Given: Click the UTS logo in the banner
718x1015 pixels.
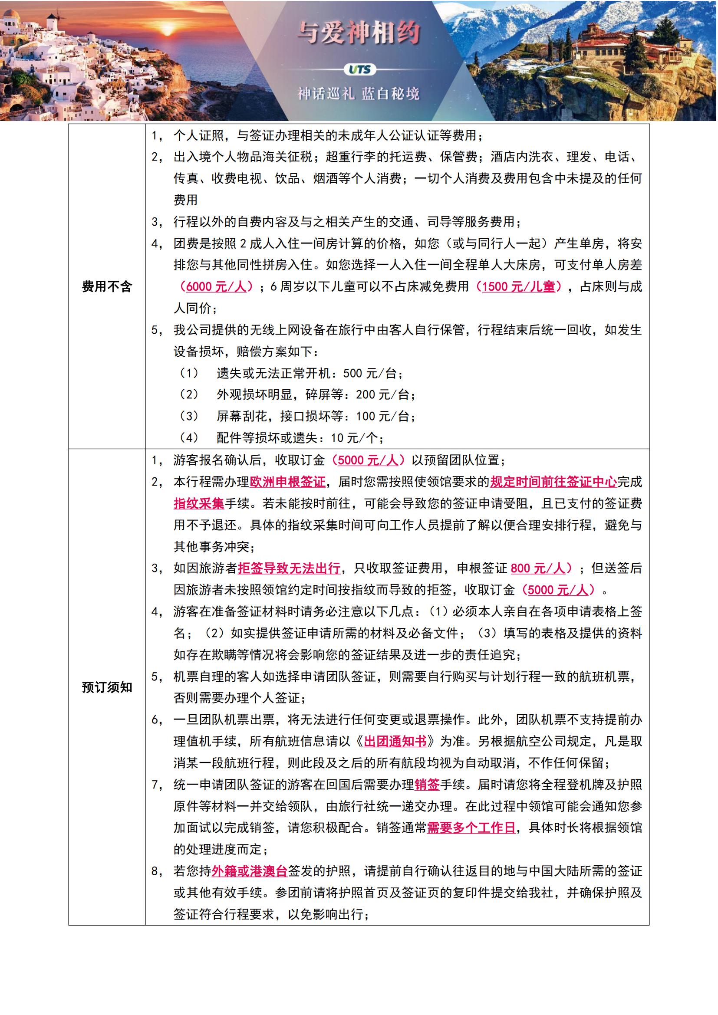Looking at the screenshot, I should [x=359, y=70].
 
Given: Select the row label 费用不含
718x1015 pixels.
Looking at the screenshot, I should [x=106, y=286].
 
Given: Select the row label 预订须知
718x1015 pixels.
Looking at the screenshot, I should [x=106, y=687].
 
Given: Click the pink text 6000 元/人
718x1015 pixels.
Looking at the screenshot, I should [x=216, y=286].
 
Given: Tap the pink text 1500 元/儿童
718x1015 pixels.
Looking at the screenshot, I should [x=518, y=286].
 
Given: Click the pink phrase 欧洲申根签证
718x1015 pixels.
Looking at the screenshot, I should [x=287, y=482].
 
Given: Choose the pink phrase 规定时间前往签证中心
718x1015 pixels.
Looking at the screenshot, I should [x=553, y=482].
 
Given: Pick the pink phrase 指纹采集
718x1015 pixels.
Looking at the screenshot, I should [x=198, y=503].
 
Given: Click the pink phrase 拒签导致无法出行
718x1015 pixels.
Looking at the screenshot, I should [x=289, y=568].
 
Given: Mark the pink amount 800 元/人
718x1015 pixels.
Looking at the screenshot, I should [x=537, y=568].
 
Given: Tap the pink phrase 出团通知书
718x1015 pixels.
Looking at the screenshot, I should [x=395, y=741].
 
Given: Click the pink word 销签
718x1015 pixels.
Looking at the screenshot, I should [x=427, y=785].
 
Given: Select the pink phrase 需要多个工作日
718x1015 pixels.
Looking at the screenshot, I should [x=471, y=828].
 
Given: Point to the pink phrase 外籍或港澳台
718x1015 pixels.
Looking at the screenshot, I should [x=250, y=871].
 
